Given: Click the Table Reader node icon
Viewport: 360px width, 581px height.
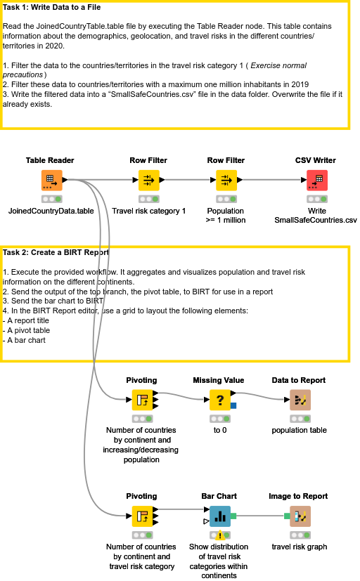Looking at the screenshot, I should pos(51,180).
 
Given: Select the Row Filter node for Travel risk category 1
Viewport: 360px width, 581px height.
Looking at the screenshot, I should pos(148,180).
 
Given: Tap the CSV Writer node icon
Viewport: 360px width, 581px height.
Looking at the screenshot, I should pos(316,180).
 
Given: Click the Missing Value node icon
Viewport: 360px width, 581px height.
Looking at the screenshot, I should pos(220,400).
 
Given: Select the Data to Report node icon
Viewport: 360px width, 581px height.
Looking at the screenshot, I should pos(300,400).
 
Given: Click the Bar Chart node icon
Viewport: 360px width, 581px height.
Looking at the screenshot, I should pos(220,516).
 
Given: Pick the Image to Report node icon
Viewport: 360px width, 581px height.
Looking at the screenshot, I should pos(300,516).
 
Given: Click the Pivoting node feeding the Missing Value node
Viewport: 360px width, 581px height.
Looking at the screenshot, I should pos(142,400).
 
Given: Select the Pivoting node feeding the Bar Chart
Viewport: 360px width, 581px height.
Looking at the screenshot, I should pos(142,516).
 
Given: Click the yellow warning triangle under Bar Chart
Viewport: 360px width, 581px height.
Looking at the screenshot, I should pos(220,535).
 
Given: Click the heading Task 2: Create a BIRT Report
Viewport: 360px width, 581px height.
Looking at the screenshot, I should pos(56,252).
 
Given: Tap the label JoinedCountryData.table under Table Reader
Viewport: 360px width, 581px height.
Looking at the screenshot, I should pos(51,211).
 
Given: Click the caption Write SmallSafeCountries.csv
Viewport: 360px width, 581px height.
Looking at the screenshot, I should pos(316,215).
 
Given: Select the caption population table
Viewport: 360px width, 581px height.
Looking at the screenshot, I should pos(299,430).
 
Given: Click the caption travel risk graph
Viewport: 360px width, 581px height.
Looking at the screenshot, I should pos(299,547).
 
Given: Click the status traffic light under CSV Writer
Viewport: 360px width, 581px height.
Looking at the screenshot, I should pos(316,199).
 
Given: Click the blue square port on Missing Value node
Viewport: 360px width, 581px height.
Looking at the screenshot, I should pos(233,405).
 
